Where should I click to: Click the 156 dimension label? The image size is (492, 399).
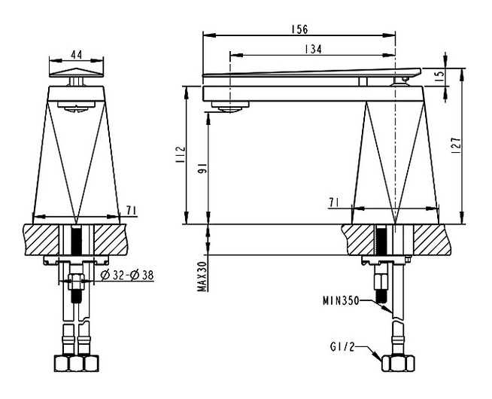point(299,29)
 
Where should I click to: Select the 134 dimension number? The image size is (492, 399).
point(313,49)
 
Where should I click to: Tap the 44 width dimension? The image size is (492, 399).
point(76,55)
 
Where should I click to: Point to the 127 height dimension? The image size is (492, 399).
point(457,145)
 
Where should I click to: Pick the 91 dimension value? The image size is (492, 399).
point(203,169)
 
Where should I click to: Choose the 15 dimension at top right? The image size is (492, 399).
point(440,74)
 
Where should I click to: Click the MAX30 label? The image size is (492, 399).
point(202,276)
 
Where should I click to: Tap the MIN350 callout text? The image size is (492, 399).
point(341,300)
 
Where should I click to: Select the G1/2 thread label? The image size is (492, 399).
point(342,347)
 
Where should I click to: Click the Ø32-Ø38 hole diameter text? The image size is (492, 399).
point(127,276)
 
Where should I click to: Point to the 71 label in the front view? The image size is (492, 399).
point(132,210)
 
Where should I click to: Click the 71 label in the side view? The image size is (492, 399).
point(333,203)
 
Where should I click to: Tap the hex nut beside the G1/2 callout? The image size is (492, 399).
point(398,364)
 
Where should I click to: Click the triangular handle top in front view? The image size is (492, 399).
point(76,72)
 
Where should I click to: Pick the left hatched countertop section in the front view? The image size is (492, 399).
point(41,239)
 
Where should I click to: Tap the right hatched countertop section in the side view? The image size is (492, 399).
point(433,239)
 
